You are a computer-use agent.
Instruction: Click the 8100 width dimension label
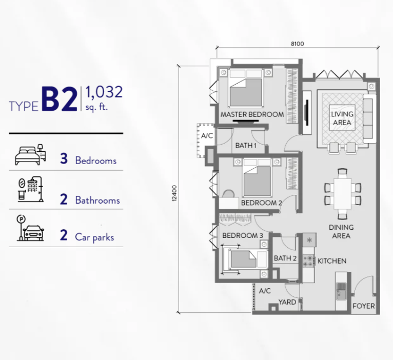[x=297, y=44]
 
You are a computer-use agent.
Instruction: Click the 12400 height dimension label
[x=174, y=193]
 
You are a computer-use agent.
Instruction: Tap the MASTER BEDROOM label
[x=252, y=114]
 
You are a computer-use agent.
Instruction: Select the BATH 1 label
[x=246, y=145]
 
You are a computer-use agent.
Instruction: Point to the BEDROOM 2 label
[x=262, y=203]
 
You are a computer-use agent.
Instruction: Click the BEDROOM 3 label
[x=243, y=235]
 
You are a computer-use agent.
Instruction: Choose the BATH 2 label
[x=285, y=258]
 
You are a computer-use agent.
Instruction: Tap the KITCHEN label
[x=332, y=261]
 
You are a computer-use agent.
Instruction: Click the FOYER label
[x=364, y=306]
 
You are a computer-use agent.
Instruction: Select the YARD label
[x=287, y=302]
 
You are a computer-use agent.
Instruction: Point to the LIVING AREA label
[x=342, y=118]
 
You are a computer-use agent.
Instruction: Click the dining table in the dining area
[x=343, y=193]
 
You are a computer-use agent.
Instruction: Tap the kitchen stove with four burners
[x=308, y=261]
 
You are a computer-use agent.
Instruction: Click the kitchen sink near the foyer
[x=341, y=291]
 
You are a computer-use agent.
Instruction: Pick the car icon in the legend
[x=33, y=233]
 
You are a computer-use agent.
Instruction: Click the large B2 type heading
[x=60, y=99]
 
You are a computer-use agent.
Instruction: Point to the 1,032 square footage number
[x=104, y=92]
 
